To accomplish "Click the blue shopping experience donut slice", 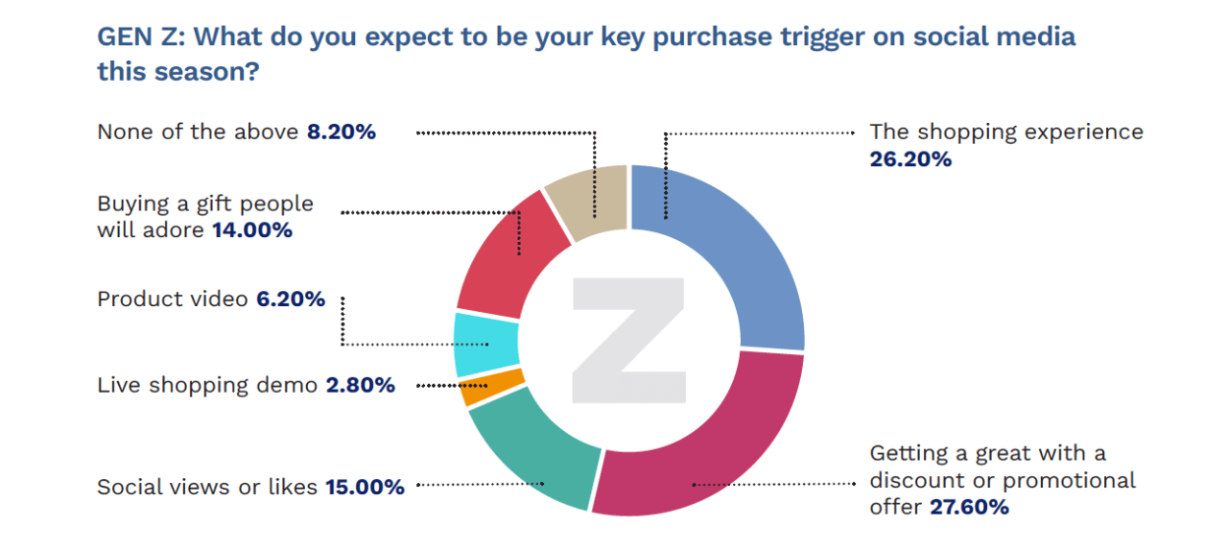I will pos(739,250).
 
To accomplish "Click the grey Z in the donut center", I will pos(628,341).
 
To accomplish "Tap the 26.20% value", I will pos(910,159).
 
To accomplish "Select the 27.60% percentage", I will pos(969,507).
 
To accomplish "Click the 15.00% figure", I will pos(365,488).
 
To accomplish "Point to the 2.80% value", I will pos(360,386).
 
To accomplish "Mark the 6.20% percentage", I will pos(290,299).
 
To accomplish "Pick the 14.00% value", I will pos(251,230).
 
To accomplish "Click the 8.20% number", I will pos(341,132).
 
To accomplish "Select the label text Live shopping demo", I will pos(207,386).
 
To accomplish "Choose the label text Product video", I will pos(172,299).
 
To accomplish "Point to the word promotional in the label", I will pos(1070,480).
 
